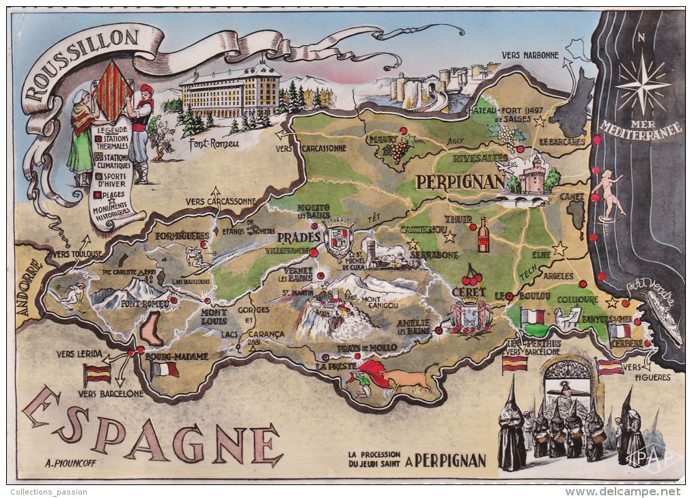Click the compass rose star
coord(642,85)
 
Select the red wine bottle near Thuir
coord(483,235)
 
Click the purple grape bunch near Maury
coord(399,150)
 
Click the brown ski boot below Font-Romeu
coord(151,329)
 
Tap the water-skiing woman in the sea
coord(607,194)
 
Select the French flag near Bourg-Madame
coord(164,369)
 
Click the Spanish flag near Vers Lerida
coord(97,373)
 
